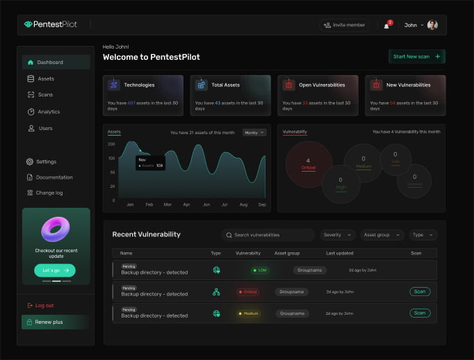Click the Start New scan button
click(x=416, y=56)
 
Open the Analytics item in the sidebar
click(x=48, y=112)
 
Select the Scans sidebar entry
click(x=44, y=95)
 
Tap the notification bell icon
click(x=386, y=25)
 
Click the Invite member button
click(x=345, y=25)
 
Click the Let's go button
click(x=54, y=270)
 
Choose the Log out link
click(x=44, y=305)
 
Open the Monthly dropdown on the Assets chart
click(x=254, y=132)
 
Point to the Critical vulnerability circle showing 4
click(x=308, y=163)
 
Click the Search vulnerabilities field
click(x=268, y=235)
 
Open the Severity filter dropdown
click(x=338, y=235)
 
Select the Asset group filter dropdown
click(x=382, y=235)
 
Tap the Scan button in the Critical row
click(x=419, y=292)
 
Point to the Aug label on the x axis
click(x=243, y=205)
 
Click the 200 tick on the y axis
click(x=111, y=144)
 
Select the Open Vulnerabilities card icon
click(x=288, y=85)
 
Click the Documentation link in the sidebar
click(x=54, y=177)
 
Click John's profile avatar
click(x=432, y=25)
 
